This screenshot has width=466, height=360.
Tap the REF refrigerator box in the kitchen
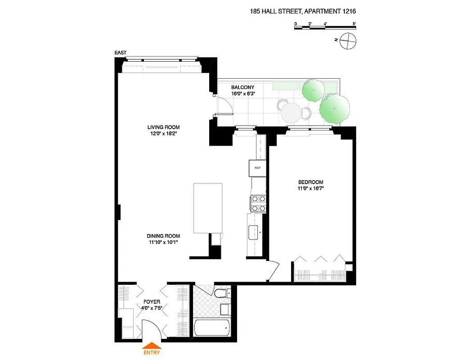click(258, 168)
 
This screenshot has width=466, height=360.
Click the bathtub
click(212, 328)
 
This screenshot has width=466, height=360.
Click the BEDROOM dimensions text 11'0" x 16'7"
click(310, 189)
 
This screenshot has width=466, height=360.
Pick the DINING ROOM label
click(163, 236)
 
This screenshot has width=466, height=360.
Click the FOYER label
click(152, 301)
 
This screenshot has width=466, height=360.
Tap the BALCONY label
click(242, 87)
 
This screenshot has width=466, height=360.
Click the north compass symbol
click(349, 42)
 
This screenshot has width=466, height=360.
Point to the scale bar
click(325, 28)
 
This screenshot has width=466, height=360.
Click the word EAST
click(121, 53)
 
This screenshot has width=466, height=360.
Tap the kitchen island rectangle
click(208, 207)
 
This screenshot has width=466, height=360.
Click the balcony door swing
click(225, 106)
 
